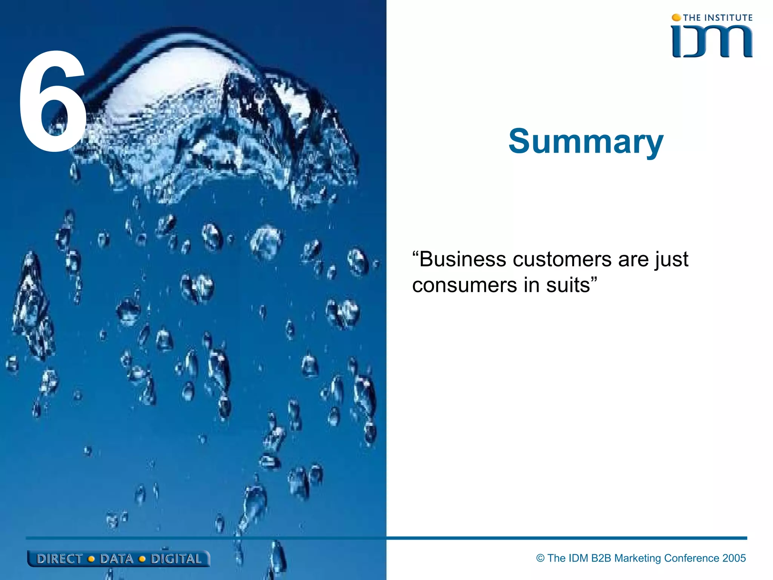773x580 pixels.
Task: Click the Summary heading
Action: pyautogui.click(x=585, y=142)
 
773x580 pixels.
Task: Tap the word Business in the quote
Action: pyautogui.click(x=462, y=259)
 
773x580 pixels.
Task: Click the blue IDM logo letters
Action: pyautogui.click(x=712, y=42)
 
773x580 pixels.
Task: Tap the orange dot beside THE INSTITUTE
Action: pyautogui.click(x=676, y=17)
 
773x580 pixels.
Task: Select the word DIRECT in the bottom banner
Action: pyautogui.click(x=59, y=559)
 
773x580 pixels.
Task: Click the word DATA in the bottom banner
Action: pyautogui.click(x=117, y=559)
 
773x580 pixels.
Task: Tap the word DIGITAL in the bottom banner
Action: pyautogui.click(x=176, y=559)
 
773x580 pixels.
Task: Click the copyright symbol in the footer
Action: pyautogui.click(x=540, y=558)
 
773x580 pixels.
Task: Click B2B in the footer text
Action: pyautogui.click(x=601, y=558)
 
